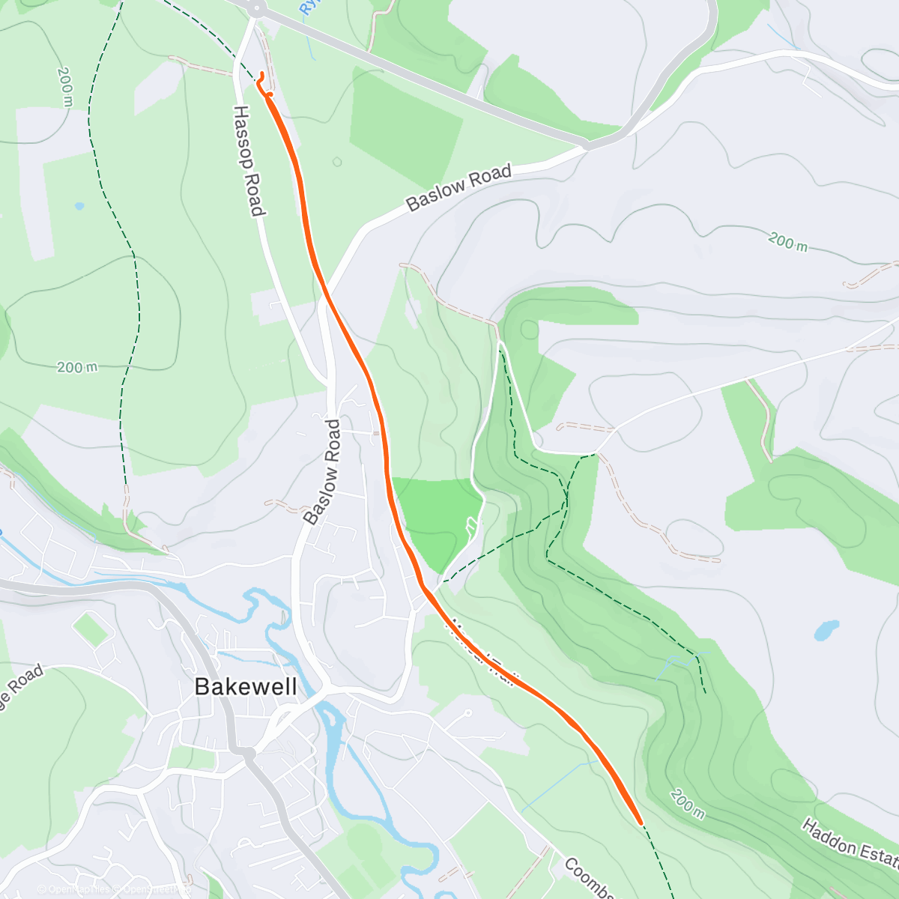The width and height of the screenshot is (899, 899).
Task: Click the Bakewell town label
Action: tap(246, 686)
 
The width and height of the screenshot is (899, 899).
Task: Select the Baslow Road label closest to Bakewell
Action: tap(323, 472)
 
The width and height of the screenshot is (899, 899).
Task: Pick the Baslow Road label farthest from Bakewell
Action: tap(458, 187)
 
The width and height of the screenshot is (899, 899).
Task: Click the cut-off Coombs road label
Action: tap(589, 878)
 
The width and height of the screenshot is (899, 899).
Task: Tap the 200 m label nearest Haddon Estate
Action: tap(686, 803)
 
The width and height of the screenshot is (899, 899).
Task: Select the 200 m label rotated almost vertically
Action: tap(65, 86)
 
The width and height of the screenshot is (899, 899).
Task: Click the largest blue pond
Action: tap(826, 629)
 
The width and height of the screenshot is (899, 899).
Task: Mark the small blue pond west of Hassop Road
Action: tap(79, 206)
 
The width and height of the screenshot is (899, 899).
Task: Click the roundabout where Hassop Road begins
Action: tap(257, 9)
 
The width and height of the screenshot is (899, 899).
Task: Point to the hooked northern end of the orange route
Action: tap(260, 74)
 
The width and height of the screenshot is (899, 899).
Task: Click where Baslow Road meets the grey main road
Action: tap(589, 145)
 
